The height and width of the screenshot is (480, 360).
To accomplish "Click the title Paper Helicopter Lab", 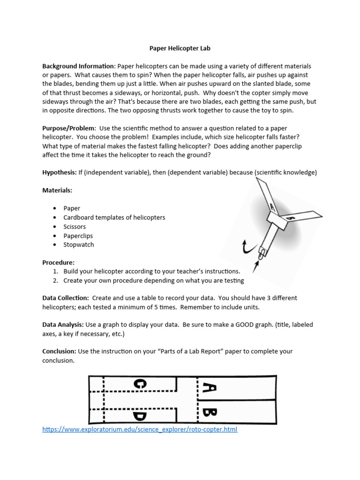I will click(x=180, y=48).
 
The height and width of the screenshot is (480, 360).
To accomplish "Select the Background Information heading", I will click(x=78, y=66).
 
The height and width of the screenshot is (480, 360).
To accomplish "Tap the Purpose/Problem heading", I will click(x=69, y=128).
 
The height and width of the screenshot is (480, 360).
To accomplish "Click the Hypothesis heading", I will click(x=60, y=172).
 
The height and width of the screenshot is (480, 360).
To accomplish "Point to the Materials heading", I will click(x=57, y=190).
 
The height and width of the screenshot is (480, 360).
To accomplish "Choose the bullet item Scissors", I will click(x=75, y=226).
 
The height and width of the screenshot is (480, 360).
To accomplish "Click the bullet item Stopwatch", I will click(x=79, y=244).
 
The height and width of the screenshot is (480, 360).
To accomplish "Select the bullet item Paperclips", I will click(x=78, y=235).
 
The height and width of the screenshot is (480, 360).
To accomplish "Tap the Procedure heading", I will click(x=59, y=262).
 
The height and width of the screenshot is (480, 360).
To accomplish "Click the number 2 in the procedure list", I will click(x=55, y=280).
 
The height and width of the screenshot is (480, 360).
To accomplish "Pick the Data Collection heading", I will click(x=66, y=298).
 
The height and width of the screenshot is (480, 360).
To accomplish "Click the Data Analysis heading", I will click(x=63, y=324).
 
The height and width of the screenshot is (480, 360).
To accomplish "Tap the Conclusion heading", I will click(x=60, y=351).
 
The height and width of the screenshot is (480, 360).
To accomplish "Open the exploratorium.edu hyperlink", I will click(x=140, y=429).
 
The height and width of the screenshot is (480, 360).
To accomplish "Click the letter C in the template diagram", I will click(x=140, y=384).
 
